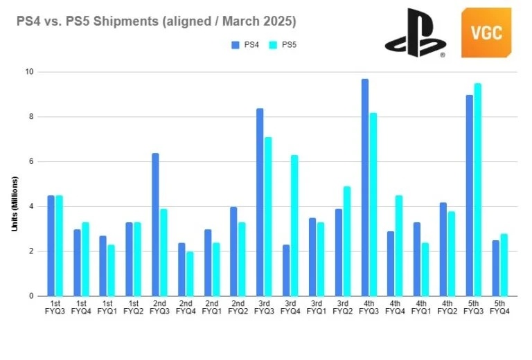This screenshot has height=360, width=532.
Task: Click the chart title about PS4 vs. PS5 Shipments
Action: [x=156, y=22]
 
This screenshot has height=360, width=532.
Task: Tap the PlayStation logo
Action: [x=415, y=33]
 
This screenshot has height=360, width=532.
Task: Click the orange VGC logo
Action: [x=486, y=33]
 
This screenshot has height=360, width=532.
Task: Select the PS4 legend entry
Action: [x=245, y=44]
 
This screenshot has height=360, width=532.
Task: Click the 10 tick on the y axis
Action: [x=30, y=72]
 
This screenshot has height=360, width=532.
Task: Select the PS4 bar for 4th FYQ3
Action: [x=365, y=188]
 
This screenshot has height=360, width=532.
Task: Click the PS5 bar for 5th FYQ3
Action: [x=478, y=190]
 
